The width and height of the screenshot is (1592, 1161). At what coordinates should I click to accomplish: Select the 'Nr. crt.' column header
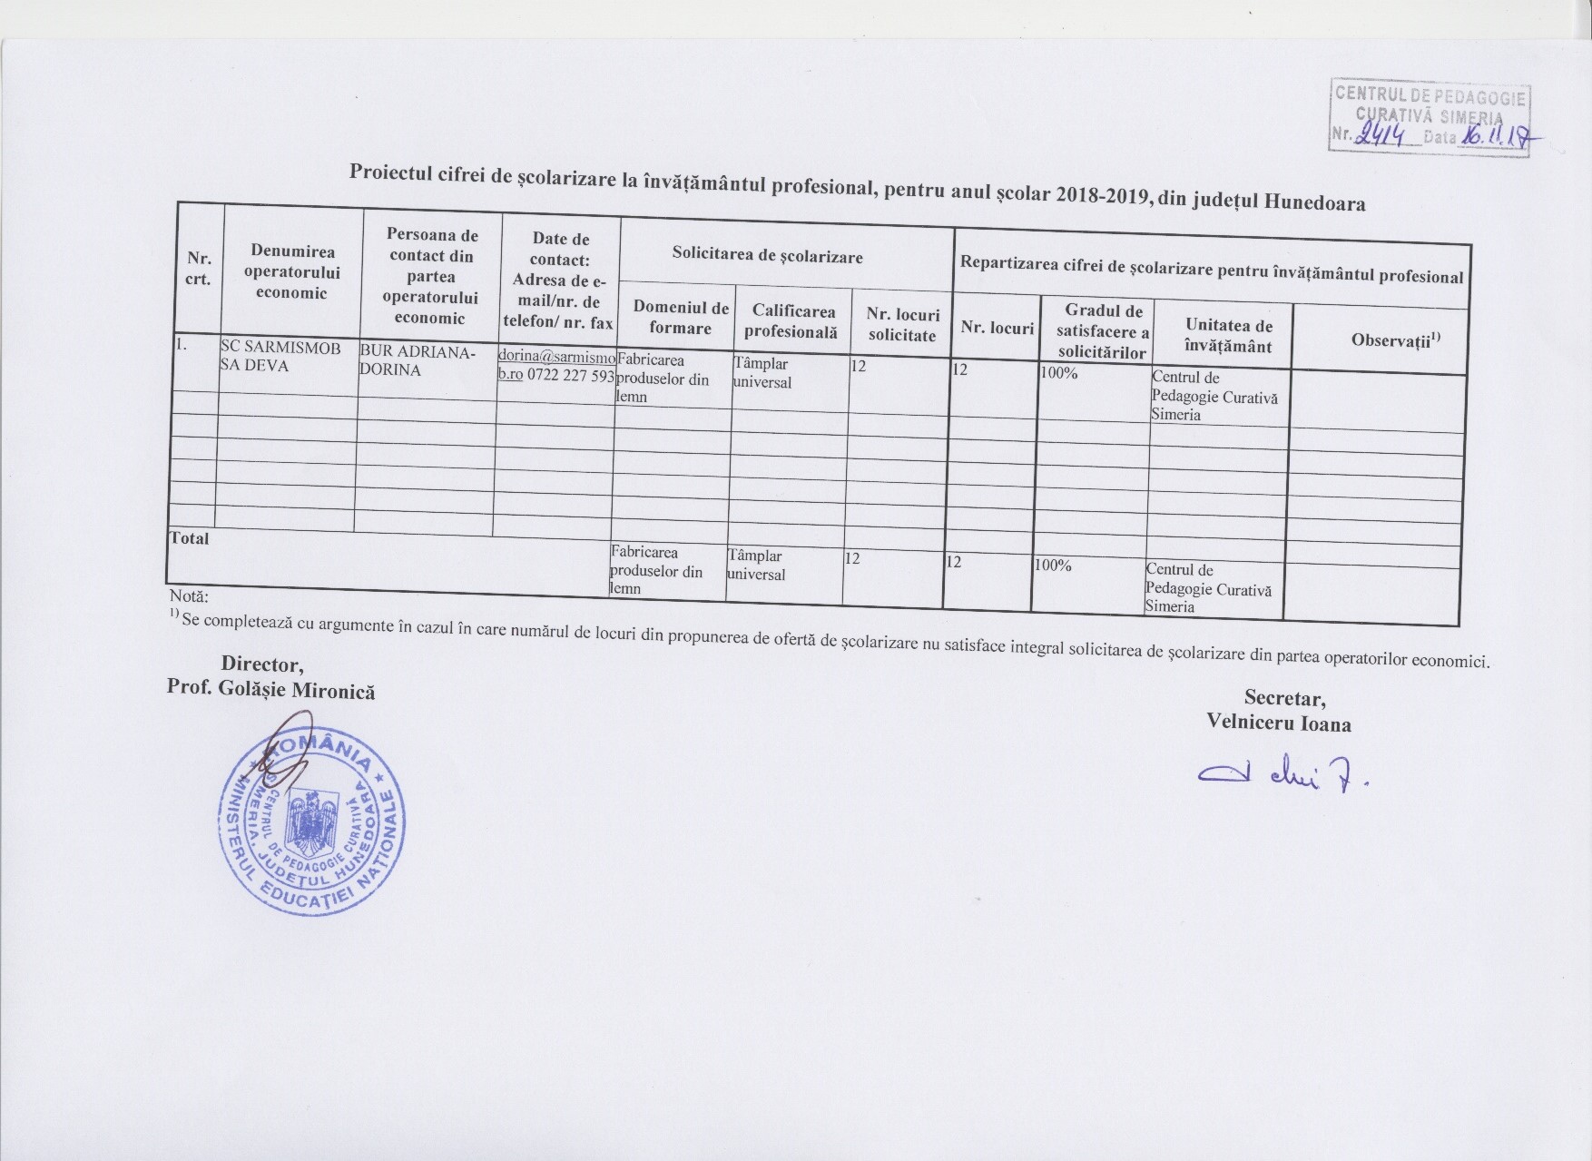tap(200, 269)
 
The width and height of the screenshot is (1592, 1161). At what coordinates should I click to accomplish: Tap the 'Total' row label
tap(190, 538)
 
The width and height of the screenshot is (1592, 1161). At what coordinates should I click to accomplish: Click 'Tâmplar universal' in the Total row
tap(756, 565)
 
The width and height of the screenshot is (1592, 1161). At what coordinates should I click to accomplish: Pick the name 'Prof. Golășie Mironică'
tap(270, 690)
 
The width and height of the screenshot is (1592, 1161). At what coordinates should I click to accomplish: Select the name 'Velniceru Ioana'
tap(1279, 723)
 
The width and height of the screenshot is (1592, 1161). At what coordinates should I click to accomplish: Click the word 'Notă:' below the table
tap(189, 597)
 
